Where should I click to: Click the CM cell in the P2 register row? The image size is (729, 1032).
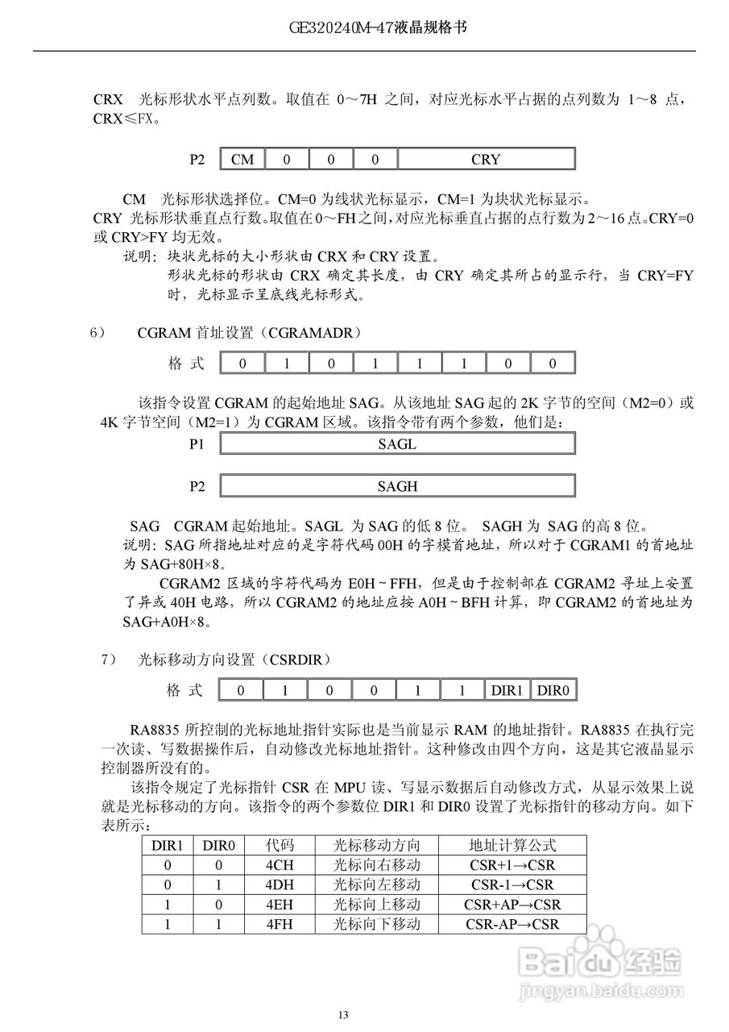click(x=242, y=159)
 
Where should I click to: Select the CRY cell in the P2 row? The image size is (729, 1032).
click(x=486, y=159)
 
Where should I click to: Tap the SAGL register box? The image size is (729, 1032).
click(x=397, y=444)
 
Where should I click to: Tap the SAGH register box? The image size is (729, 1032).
click(x=397, y=486)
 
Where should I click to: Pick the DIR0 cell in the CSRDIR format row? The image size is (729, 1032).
click(x=553, y=691)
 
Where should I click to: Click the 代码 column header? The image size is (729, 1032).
click(x=280, y=846)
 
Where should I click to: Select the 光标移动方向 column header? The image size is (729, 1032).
click(x=377, y=846)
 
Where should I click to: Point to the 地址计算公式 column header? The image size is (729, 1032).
click(x=512, y=846)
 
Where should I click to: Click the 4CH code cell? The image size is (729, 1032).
click(x=280, y=865)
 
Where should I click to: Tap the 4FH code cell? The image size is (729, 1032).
click(x=280, y=924)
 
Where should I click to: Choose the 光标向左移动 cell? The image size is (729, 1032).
click(x=377, y=884)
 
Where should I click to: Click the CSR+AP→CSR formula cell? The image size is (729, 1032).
click(x=512, y=905)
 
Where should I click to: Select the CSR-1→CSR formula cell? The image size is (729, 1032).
click(x=512, y=884)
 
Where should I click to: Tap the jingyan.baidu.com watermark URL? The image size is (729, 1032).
click(x=600, y=983)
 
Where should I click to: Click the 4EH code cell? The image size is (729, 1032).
click(x=280, y=905)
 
